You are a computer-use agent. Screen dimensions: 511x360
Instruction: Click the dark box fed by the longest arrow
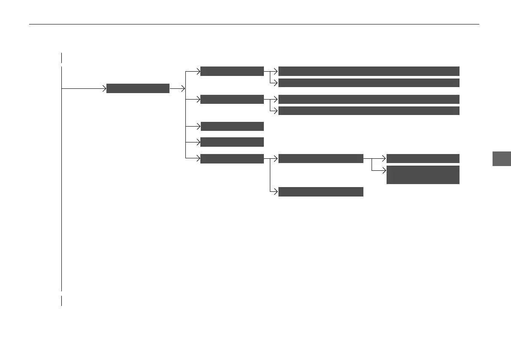(x=138, y=88)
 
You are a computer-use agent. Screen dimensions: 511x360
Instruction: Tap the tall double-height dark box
(x=423, y=175)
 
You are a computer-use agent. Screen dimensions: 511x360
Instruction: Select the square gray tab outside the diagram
(x=501, y=158)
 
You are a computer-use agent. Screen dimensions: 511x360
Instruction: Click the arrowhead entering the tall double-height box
(x=384, y=170)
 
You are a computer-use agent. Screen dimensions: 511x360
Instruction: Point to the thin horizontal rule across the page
(x=253, y=24)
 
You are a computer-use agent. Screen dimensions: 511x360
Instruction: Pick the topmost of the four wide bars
(x=369, y=71)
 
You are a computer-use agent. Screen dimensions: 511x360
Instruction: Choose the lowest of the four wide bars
(x=369, y=111)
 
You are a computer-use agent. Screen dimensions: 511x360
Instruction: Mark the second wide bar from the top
(x=369, y=83)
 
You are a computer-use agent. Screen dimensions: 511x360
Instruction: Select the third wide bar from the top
(x=369, y=99)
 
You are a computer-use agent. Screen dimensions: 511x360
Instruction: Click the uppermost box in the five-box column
(x=232, y=71)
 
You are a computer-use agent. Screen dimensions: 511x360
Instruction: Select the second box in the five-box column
(x=232, y=99)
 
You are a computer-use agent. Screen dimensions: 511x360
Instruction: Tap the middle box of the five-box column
(x=232, y=126)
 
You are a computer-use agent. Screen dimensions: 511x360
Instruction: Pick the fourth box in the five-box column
(x=232, y=142)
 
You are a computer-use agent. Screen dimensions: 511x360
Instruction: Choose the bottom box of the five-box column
(x=232, y=158)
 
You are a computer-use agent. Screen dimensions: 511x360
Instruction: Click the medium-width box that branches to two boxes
(x=321, y=158)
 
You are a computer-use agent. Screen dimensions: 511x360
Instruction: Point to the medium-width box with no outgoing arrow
(x=321, y=192)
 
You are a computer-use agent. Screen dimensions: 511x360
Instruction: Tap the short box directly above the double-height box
(x=423, y=158)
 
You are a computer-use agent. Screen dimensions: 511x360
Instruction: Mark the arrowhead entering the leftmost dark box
(x=104, y=88)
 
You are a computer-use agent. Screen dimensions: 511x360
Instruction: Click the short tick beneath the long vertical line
(x=61, y=300)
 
